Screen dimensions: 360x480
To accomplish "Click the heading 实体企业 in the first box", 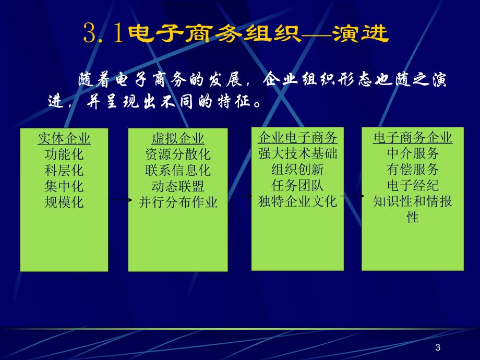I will (64, 138).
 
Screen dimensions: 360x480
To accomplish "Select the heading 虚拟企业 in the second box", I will (178, 139).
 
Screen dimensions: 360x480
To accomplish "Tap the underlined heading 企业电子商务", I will (298, 138).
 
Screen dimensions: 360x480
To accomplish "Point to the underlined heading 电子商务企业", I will (413, 138).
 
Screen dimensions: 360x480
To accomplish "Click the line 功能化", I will (64, 154).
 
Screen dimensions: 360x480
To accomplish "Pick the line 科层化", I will (64, 171).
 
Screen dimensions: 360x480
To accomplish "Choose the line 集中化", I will (64, 186).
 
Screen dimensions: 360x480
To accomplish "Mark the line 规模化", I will (64, 202).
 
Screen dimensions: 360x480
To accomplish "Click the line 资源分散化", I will (178, 155).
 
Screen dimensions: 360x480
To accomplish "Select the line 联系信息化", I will (178, 171).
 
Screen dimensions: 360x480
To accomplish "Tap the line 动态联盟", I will (178, 187).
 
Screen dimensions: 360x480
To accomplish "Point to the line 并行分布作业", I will (178, 202).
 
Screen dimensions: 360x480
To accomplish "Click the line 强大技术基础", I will (298, 154).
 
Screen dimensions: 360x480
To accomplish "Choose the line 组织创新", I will (298, 170).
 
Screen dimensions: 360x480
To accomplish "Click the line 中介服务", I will (413, 154).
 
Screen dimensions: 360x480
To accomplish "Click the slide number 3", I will (437, 348).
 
